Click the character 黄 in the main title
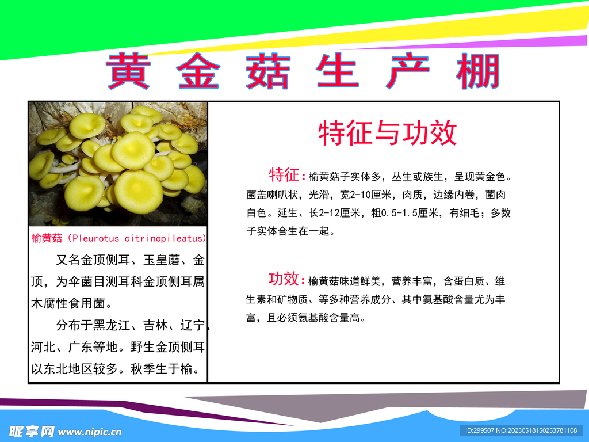[128, 71]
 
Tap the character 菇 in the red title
[267, 71]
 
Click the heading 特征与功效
[387, 133]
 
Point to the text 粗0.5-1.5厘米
[407, 213]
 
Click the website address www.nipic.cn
[90, 432]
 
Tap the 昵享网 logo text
[32, 431]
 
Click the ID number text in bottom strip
[521, 430]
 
